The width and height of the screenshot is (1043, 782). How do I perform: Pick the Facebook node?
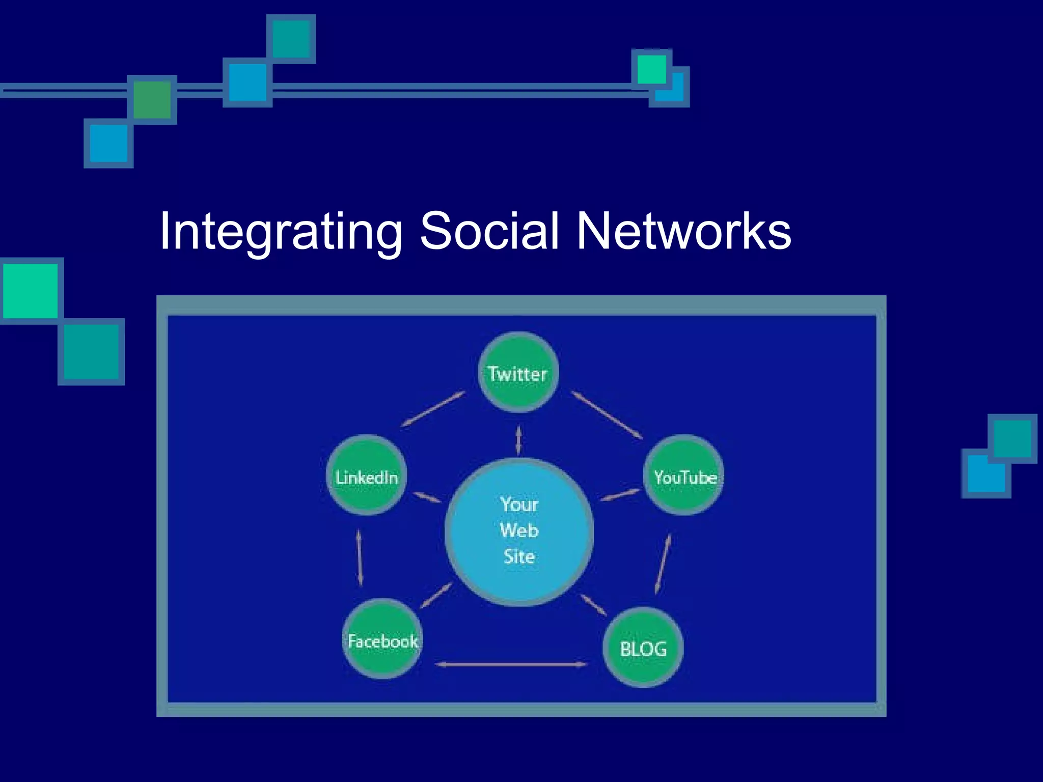[382, 639]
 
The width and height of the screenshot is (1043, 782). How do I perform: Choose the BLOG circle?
[643, 648]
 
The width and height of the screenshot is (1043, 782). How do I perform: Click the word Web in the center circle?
[519, 530]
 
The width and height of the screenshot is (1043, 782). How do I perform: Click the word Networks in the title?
[683, 232]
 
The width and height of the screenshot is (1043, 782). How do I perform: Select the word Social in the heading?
[489, 232]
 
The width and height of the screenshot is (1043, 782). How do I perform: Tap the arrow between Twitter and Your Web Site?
[518, 440]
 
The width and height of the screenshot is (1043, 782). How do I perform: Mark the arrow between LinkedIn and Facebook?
[360, 558]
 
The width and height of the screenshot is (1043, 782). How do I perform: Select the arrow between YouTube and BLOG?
[663, 564]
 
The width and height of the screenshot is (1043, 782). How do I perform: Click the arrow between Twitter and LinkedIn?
[433, 408]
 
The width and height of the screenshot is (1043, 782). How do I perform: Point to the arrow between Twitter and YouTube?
[607, 415]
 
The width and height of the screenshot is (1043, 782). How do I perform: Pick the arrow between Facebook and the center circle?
[436, 596]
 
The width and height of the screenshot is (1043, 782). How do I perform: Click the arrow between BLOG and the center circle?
[593, 605]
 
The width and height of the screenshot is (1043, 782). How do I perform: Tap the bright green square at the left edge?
[31, 291]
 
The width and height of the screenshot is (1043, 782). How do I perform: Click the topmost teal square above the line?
[291, 39]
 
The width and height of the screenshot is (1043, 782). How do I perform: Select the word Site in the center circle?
[519, 556]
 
